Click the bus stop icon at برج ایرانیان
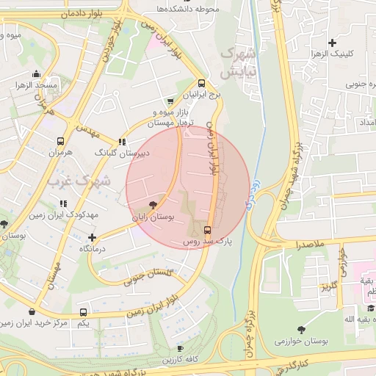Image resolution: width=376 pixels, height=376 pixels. pos(202,83)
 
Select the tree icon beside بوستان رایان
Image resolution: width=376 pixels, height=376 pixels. pos(152,205)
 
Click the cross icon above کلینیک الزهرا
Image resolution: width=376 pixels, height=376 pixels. pos(333,43)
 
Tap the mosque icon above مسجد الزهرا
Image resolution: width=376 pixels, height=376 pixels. pos(37,74)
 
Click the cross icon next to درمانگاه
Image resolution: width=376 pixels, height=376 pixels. pos(92,237)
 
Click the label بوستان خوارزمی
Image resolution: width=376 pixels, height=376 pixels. pos(300,341)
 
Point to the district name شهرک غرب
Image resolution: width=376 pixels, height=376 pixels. pos(77,179)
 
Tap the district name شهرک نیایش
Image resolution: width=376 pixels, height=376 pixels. pos(237,64)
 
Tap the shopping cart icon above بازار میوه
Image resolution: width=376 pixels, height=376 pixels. pos(171,101)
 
